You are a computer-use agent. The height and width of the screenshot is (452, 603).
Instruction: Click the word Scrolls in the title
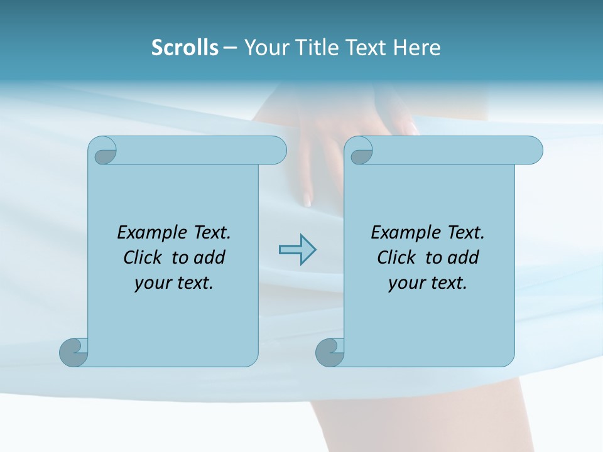click(185, 47)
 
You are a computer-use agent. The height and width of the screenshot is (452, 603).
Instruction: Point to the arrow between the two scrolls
click(297, 250)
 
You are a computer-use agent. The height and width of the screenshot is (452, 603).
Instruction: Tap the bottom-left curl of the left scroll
click(74, 352)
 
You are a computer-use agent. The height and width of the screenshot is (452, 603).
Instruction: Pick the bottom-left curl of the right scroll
click(330, 352)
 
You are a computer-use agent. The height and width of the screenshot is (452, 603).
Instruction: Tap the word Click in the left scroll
click(141, 257)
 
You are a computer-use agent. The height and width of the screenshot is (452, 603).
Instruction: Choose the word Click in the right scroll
click(396, 257)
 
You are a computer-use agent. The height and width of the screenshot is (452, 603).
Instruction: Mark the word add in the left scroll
click(210, 257)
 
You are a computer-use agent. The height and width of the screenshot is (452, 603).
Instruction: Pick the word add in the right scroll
click(464, 257)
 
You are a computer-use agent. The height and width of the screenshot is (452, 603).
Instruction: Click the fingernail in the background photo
click(308, 200)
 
